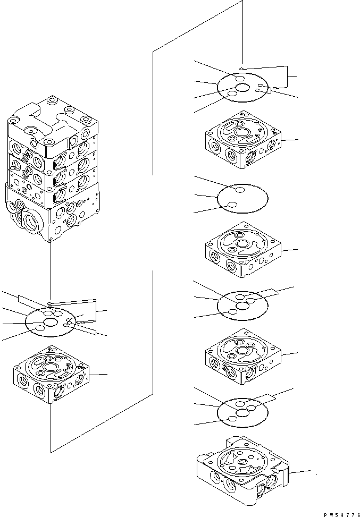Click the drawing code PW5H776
tap(338, 512)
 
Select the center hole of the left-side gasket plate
tap(52, 323)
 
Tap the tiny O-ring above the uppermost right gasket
tap(241, 69)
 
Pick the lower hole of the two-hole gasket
tap(232, 206)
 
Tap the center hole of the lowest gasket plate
tap(244, 411)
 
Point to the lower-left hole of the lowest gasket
tap(232, 420)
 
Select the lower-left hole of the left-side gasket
tap(40, 330)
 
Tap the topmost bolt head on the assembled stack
tap(52, 101)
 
